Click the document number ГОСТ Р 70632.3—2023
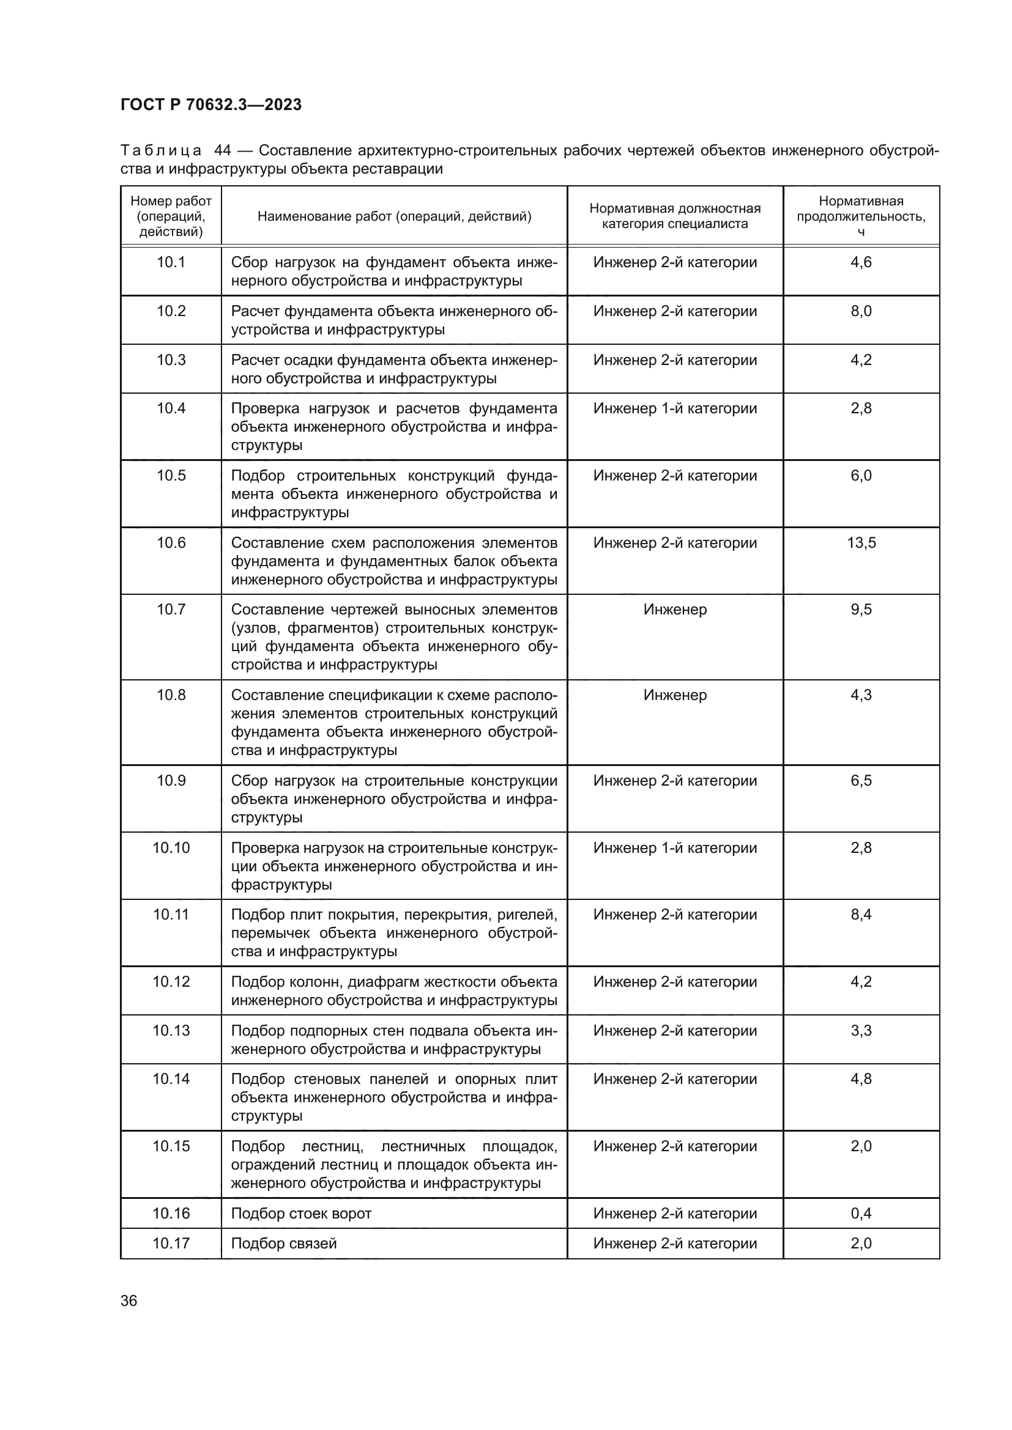pyautogui.click(x=210, y=105)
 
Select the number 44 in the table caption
pyautogui.click(x=223, y=151)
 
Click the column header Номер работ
pyautogui.click(x=171, y=216)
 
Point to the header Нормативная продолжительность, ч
pyautogui.click(x=861, y=216)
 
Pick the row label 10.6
pyautogui.click(x=171, y=542)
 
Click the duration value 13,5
pyautogui.click(x=861, y=542)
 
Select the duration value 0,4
pyautogui.click(x=861, y=1213)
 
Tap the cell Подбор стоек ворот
pyautogui.click(x=301, y=1213)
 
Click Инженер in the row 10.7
pyautogui.click(x=675, y=609)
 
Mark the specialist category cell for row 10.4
pyautogui.click(x=675, y=408)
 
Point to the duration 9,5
pyautogui.click(x=861, y=609)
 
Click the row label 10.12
pyautogui.click(x=171, y=982)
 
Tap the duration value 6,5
pyautogui.click(x=861, y=780)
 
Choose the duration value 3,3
pyautogui.click(x=861, y=1030)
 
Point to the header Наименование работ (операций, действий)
pyautogui.click(x=394, y=216)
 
